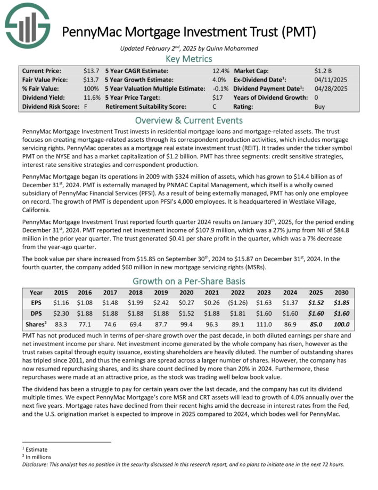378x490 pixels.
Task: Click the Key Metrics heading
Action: click(x=189, y=59)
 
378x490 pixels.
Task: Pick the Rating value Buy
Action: click(x=320, y=107)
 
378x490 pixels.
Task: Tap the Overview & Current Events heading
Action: click(x=189, y=120)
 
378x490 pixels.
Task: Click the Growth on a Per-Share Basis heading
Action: click(x=189, y=281)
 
